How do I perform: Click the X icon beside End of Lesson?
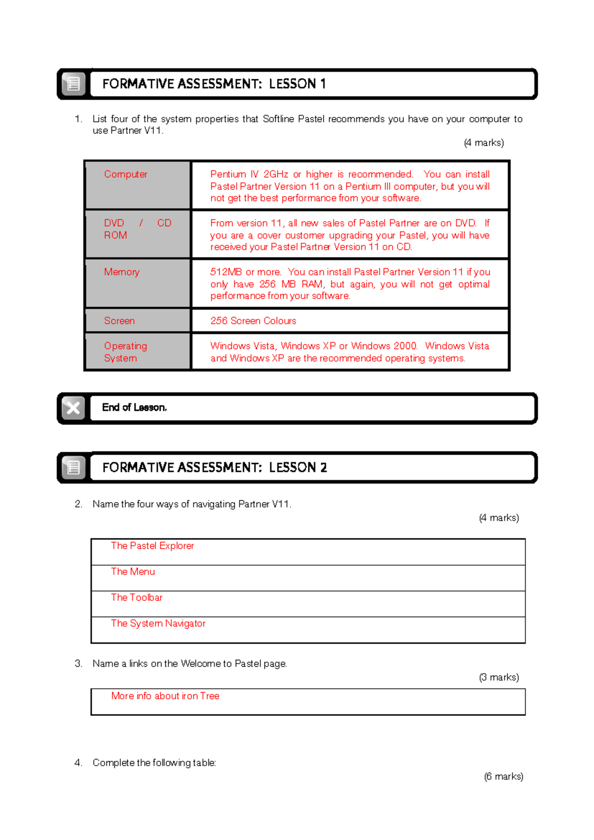(73, 408)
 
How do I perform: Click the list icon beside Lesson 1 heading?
(73, 84)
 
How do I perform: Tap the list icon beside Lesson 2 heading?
(73, 467)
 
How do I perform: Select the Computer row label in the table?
(126, 174)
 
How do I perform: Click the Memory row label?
(122, 272)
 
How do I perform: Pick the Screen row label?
(119, 321)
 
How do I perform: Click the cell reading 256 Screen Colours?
(253, 321)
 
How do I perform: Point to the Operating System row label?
(125, 352)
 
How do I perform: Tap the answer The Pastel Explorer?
(152, 546)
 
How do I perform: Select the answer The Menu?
(133, 572)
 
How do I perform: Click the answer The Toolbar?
(137, 597)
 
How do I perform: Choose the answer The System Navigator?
(158, 624)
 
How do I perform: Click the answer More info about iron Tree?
(165, 696)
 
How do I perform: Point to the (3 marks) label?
(498, 677)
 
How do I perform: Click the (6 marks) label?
(503, 776)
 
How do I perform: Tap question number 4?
(78, 763)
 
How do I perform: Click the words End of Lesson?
(134, 408)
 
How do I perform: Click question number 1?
(78, 119)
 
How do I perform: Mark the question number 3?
(78, 664)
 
